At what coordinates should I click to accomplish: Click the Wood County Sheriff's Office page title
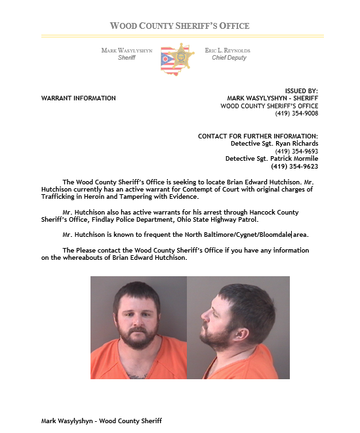180,26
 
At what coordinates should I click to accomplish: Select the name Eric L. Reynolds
228,51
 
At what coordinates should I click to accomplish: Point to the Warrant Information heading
78,98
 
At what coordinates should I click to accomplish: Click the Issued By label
302,91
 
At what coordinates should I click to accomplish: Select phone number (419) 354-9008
296,113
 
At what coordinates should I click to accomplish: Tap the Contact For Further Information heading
258,136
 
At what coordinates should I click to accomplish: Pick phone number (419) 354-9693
296,151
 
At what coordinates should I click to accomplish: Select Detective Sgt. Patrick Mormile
271,159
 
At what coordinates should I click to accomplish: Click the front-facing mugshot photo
138,327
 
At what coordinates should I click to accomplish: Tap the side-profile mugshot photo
238,327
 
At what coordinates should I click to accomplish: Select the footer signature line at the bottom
101,421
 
